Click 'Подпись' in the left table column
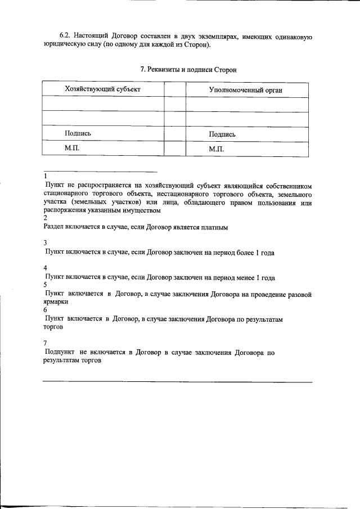pos(78,133)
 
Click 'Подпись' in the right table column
pos(222,134)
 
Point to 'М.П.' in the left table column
pos(73,147)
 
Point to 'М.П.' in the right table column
pos(217,148)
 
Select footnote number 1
pos(45,176)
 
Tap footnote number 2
pos(45,218)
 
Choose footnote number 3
pos(45,244)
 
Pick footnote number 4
pos(45,268)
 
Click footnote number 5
pos(45,285)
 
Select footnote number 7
pos(45,343)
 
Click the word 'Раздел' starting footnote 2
pos(54,227)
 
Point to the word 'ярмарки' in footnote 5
pos(56,301)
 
